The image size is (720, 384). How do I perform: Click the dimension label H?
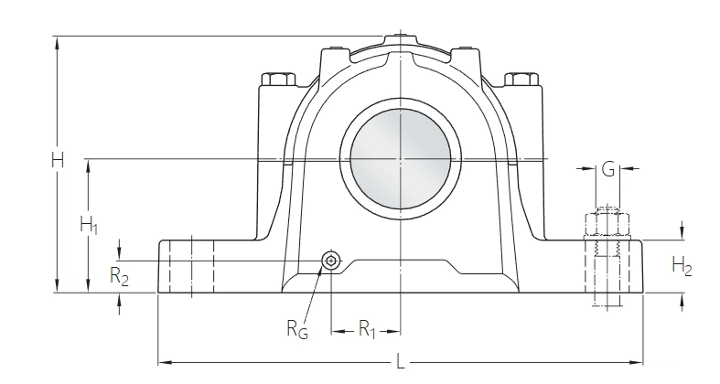(x=57, y=161)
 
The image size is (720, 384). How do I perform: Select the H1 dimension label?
(x=89, y=225)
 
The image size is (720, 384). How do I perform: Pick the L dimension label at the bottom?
(x=400, y=364)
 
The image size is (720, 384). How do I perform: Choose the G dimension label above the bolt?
(x=607, y=169)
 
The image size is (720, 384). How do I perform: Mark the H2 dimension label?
(x=682, y=266)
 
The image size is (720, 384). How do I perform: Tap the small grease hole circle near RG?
(x=330, y=262)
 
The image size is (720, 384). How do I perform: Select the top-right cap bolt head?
(x=522, y=80)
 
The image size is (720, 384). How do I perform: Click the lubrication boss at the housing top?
(x=400, y=38)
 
